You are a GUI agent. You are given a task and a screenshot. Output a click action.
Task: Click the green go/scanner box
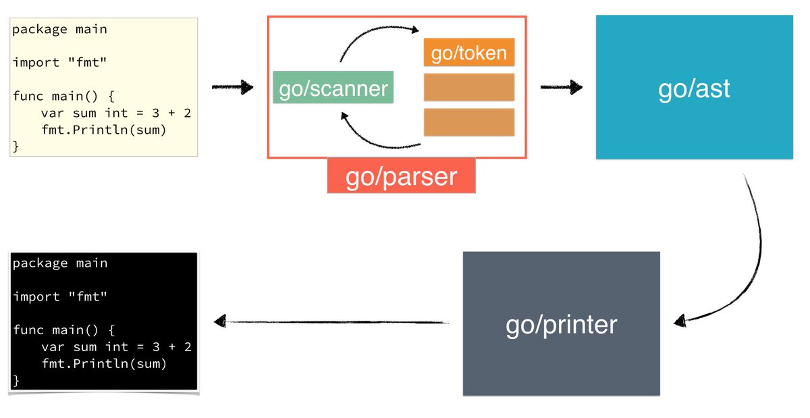[x=333, y=88]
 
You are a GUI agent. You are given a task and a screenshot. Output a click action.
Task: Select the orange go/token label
[x=469, y=52]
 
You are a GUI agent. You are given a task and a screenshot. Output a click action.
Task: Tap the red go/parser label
[x=401, y=176]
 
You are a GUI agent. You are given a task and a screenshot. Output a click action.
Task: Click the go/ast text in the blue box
[x=694, y=88]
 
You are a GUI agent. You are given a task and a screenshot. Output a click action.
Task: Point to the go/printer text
[x=561, y=325]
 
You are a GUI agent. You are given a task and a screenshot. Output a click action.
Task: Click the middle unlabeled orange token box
[x=469, y=87]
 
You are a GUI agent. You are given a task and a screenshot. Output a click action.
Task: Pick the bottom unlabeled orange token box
[x=469, y=122]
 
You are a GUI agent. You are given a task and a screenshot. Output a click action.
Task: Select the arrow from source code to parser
[x=232, y=87]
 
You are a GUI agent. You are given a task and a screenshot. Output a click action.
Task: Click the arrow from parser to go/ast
[x=561, y=87]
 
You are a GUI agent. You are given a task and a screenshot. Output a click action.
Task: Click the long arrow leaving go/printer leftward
[x=331, y=322]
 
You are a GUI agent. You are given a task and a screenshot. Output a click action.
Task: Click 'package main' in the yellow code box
[x=59, y=29]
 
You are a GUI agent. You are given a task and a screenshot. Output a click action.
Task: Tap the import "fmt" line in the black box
[x=60, y=296]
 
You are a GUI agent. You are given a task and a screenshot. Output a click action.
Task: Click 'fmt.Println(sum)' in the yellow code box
[x=103, y=130]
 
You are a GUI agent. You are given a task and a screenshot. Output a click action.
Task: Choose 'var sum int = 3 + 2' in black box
[x=116, y=347]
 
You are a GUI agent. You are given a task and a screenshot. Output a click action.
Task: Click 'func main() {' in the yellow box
[x=64, y=96]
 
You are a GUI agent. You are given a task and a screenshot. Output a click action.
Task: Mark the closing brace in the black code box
[x=16, y=381]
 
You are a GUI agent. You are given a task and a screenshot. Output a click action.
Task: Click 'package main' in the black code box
[x=60, y=263]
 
